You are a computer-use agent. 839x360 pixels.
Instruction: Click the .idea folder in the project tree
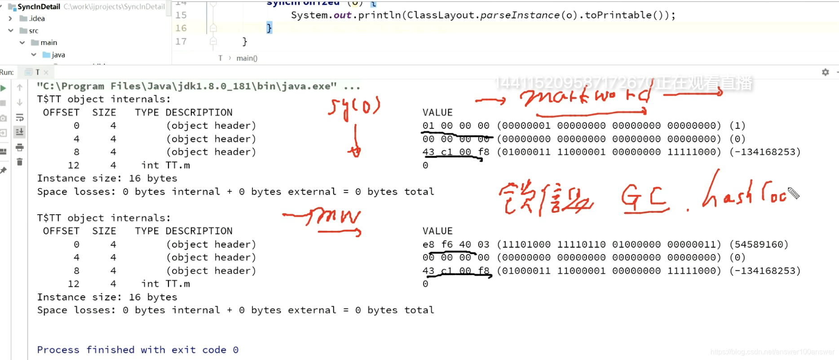(x=36, y=18)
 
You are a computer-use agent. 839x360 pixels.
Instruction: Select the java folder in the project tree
(x=58, y=55)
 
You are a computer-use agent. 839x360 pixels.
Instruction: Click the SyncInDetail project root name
(x=39, y=7)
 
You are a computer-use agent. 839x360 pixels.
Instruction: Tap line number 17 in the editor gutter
(x=181, y=41)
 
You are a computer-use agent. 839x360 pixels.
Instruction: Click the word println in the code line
(x=379, y=15)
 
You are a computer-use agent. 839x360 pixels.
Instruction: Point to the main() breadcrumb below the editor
(x=247, y=58)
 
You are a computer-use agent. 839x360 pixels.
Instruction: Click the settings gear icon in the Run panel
(x=825, y=72)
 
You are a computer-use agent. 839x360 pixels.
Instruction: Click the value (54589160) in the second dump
(x=759, y=244)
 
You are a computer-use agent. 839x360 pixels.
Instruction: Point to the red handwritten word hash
(x=728, y=193)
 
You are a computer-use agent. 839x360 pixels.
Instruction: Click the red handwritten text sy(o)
(x=354, y=108)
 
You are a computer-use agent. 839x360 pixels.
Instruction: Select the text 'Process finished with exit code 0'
(x=137, y=350)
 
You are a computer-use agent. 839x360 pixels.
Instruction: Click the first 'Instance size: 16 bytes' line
(x=107, y=178)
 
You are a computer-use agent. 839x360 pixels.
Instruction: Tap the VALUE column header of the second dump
(x=437, y=231)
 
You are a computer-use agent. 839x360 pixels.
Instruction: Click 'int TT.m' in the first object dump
(x=165, y=165)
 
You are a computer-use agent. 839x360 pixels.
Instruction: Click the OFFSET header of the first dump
(x=61, y=112)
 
